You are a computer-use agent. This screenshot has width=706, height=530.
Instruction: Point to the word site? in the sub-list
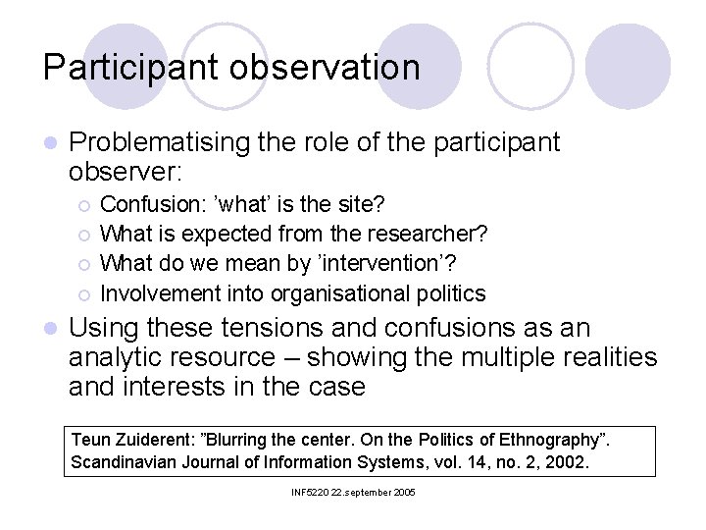(x=359, y=205)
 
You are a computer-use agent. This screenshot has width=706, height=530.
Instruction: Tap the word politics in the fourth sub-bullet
(x=450, y=293)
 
